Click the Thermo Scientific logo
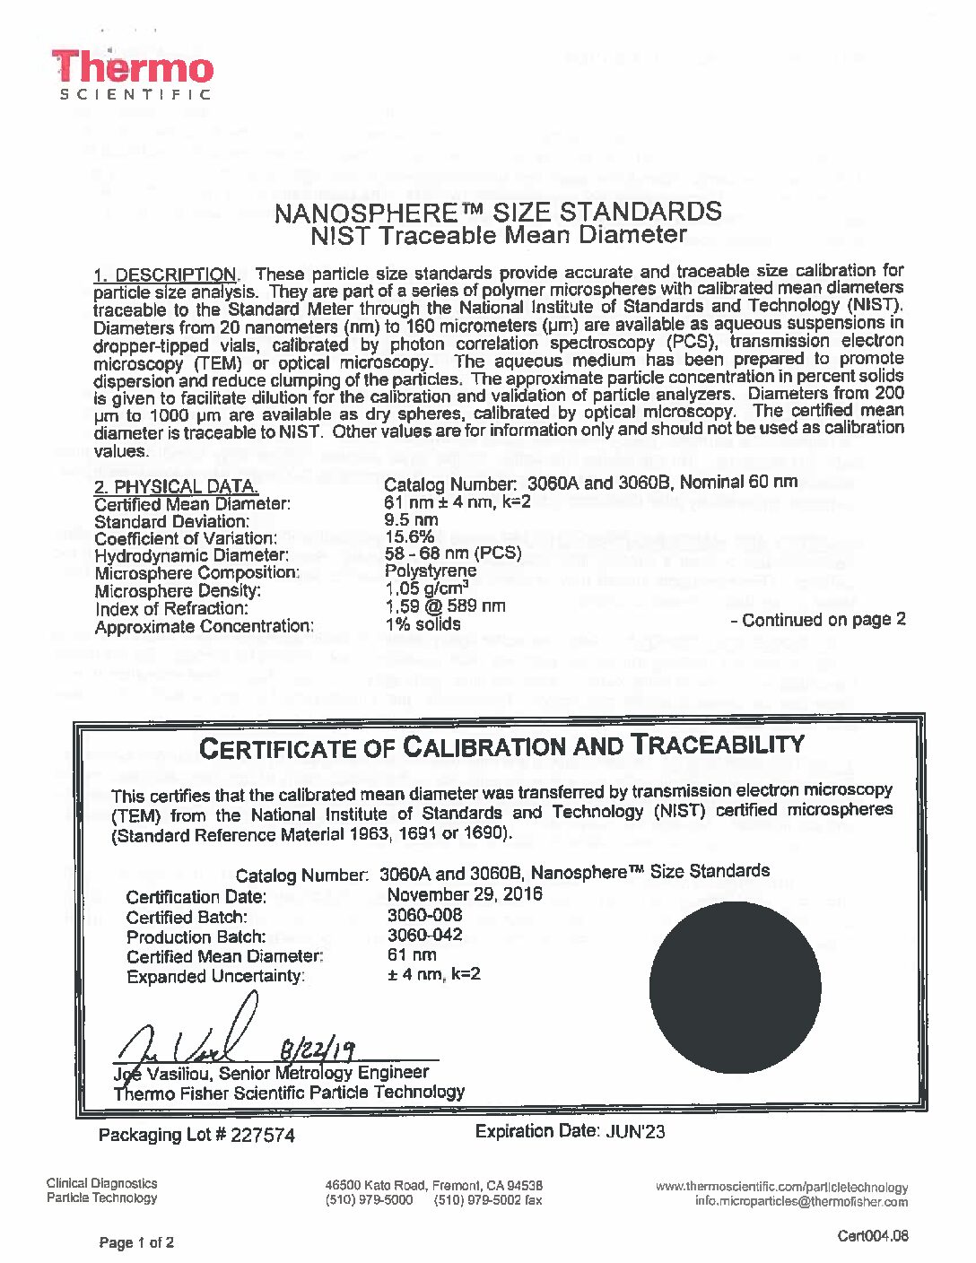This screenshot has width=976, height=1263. coord(133,74)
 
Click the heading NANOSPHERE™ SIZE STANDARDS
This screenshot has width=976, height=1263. coord(498,213)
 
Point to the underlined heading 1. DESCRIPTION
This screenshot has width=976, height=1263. coord(166,274)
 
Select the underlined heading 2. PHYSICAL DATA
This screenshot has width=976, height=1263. coord(177,487)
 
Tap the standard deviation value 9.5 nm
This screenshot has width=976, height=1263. coord(411,519)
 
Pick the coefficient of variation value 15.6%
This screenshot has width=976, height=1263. coord(409,536)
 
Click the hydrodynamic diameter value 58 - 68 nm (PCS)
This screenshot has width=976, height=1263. coord(453,553)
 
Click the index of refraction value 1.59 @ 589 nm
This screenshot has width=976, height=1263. coord(445,605)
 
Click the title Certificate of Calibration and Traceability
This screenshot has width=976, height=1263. coord(501,745)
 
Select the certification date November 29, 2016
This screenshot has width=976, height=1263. coord(465,894)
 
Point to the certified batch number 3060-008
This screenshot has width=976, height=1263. coord(424,915)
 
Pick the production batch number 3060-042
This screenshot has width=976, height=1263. coord(424,935)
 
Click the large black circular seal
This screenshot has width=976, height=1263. coord(735,988)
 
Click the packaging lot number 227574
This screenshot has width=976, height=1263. coord(263,1136)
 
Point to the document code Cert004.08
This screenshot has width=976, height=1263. coord(872,1235)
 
